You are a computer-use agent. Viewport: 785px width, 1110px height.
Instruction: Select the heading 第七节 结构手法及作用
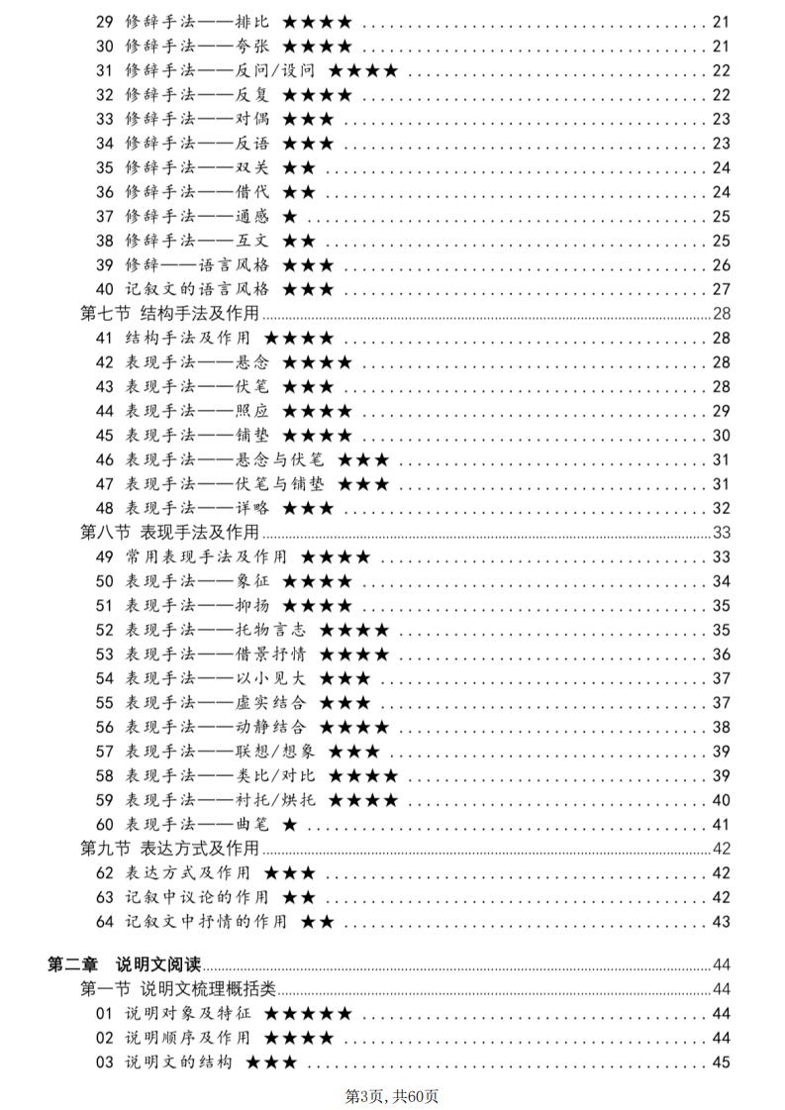tap(169, 314)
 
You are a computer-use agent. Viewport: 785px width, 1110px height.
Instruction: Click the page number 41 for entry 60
tap(721, 824)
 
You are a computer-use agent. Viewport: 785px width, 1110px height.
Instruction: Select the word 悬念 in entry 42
tap(253, 362)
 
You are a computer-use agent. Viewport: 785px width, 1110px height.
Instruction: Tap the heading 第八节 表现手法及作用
tap(169, 533)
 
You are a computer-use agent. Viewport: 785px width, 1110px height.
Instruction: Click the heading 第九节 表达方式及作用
tap(169, 848)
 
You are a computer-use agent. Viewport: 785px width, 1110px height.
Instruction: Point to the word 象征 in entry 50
tap(253, 581)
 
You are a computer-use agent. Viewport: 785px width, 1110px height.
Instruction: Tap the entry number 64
tap(105, 922)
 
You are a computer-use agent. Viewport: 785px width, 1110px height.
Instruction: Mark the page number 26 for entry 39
tap(721, 265)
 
